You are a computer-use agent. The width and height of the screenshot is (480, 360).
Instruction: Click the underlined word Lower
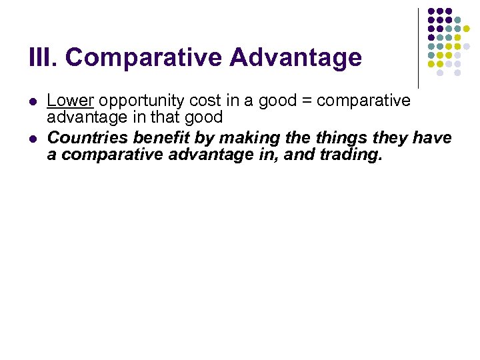(71, 101)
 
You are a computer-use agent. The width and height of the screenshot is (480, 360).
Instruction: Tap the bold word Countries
(88, 138)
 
